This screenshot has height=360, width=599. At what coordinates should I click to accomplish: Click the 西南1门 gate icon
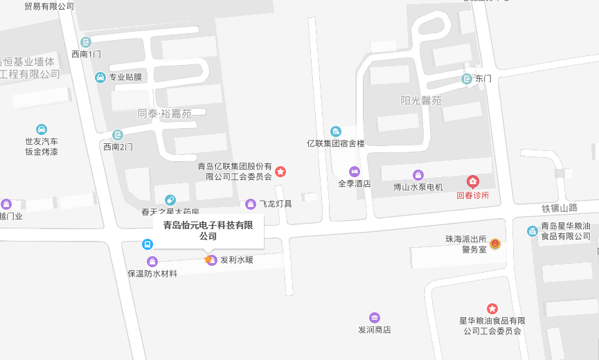click(x=86, y=42)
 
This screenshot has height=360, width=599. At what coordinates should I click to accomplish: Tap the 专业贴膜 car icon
click(x=100, y=77)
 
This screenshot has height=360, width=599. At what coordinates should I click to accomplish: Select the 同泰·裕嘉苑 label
click(x=164, y=114)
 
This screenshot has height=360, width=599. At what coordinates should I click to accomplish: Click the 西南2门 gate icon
click(x=117, y=135)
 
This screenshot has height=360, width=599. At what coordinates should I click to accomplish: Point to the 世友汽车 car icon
click(x=42, y=129)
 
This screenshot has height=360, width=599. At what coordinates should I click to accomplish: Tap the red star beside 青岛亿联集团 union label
click(x=280, y=171)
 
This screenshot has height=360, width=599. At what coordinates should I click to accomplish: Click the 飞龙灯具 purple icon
click(x=251, y=204)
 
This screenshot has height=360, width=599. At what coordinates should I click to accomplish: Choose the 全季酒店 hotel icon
click(x=355, y=171)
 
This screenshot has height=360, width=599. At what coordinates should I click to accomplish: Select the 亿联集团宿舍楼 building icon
click(x=336, y=132)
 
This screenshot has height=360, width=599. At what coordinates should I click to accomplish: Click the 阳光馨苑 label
click(x=420, y=100)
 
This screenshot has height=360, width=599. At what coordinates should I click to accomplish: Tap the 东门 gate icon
click(x=467, y=79)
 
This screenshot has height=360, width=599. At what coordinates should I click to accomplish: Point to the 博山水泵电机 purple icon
click(x=418, y=175)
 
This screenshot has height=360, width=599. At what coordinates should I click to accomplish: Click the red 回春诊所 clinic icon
click(x=472, y=182)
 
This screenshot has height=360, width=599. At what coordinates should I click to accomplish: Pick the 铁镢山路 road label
click(x=560, y=208)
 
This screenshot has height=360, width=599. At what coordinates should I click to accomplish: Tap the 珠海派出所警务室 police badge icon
click(x=495, y=244)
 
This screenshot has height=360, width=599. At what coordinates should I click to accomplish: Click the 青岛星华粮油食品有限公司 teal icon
click(x=532, y=231)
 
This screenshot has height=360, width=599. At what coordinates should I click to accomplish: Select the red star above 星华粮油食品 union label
click(x=492, y=309)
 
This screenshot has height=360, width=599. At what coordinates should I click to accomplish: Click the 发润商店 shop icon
click(x=375, y=318)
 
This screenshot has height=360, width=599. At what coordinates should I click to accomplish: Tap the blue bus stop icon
click(x=147, y=244)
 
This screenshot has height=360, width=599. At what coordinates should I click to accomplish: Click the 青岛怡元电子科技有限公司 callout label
click(x=208, y=231)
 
